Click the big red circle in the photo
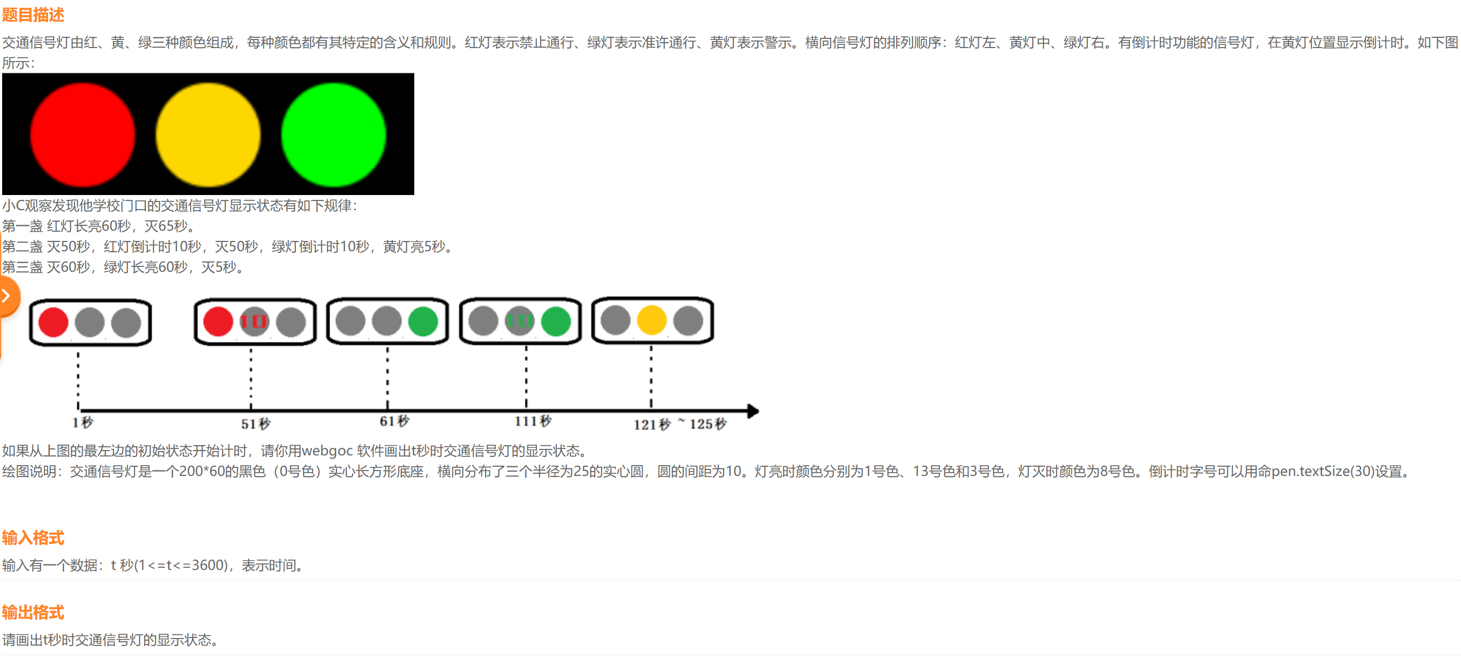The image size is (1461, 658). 83,135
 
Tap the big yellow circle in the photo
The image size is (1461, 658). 208,135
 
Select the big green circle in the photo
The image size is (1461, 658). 333,135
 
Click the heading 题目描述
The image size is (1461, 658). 33,15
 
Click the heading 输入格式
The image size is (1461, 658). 33,537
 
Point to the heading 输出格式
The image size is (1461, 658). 33,612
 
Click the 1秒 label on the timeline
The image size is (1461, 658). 83,422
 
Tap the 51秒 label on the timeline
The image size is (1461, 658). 256,424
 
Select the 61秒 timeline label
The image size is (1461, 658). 394,421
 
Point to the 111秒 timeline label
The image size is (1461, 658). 533,421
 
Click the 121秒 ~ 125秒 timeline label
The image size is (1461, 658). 679,424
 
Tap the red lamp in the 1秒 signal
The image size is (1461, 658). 53,322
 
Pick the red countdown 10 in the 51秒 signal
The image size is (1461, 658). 253,321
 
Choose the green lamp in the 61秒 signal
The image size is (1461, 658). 423,321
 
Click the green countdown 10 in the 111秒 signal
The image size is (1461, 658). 520,321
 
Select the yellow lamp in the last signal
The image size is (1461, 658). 652,320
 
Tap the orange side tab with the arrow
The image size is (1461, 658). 8,296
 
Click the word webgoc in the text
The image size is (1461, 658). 327,451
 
